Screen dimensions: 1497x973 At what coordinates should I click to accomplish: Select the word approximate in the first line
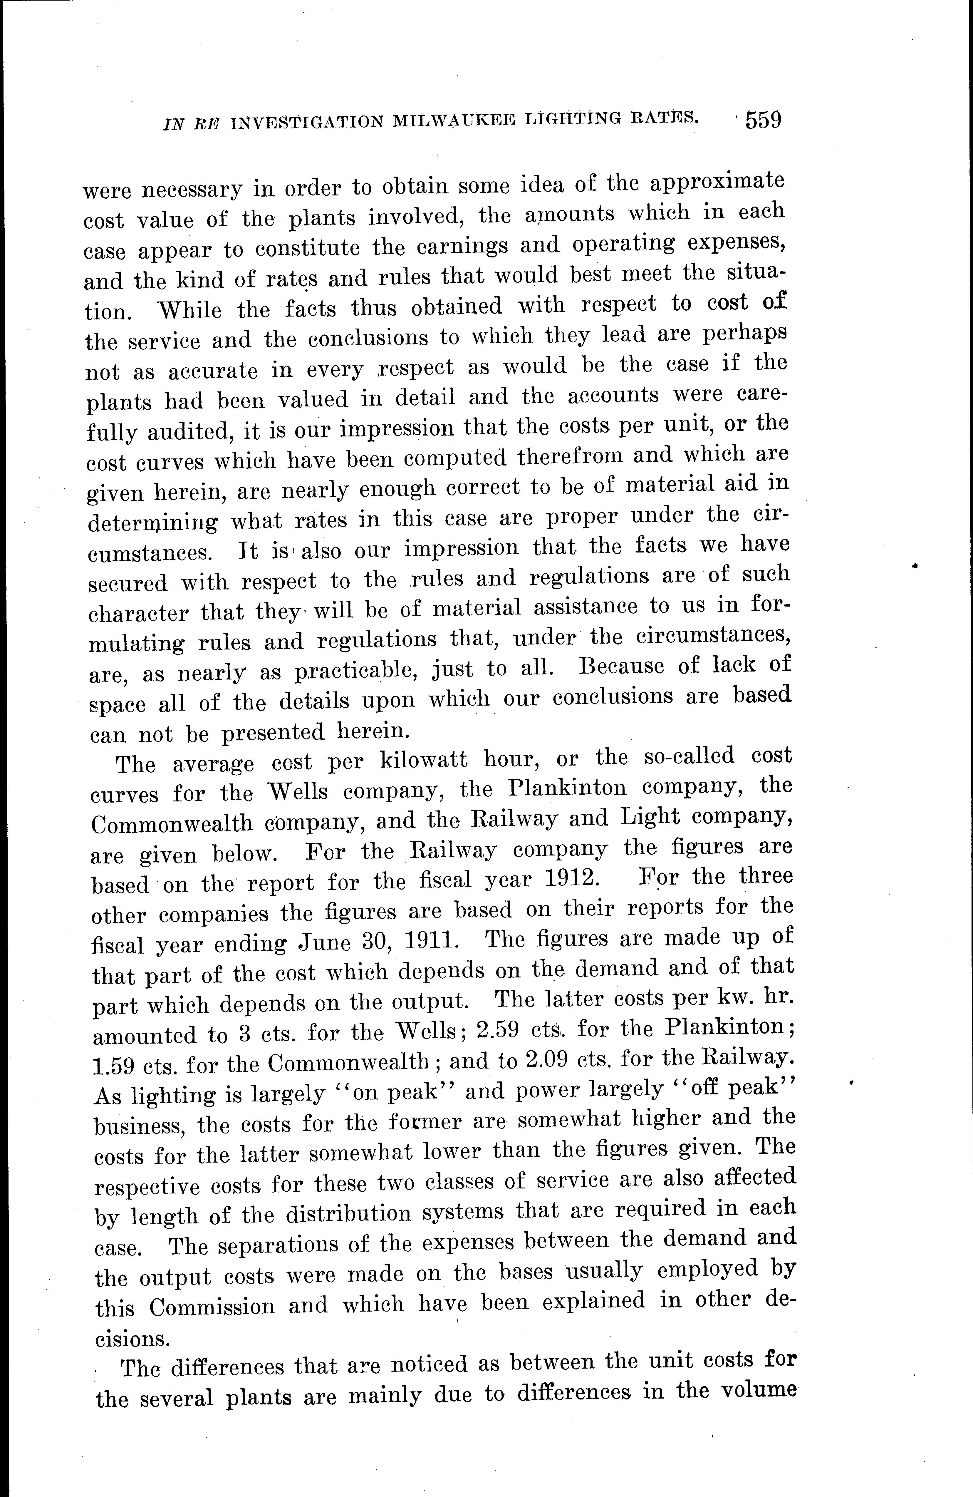click(x=717, y=182)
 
